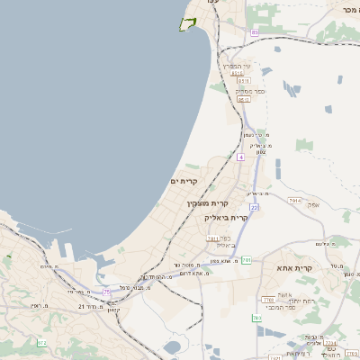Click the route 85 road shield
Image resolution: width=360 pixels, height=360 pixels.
(x=255, y=32)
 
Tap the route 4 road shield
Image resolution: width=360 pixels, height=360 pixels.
(x=241, y=157)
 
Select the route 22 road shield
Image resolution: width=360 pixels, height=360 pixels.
(x=255, y=207)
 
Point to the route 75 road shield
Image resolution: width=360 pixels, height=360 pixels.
(x=107, y=292)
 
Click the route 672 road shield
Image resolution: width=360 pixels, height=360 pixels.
(x=41, y=343)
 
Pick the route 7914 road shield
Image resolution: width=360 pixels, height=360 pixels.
(x=294, y=200)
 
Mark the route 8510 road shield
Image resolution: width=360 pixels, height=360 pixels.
(x=243, y=99)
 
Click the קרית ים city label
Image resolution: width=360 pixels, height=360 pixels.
(x=184, y=181)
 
